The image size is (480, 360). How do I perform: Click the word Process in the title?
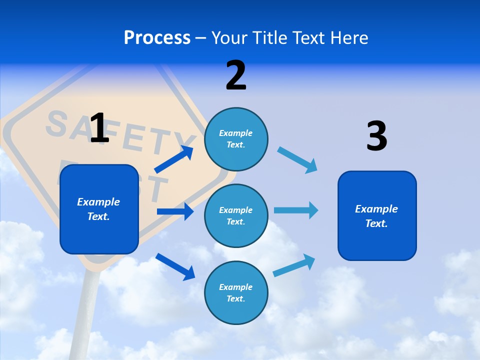click(157, 38)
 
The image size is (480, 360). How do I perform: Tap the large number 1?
click(99, 128)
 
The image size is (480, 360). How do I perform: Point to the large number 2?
click(236, 75)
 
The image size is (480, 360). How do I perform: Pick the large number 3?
click(376, 136)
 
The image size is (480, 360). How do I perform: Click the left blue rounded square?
click(99, 209)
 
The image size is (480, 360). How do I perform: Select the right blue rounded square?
click(377, 215)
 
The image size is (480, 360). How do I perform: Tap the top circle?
click(236, 138)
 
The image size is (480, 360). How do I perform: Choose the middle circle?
click(236, 215)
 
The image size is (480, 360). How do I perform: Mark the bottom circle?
click(236, 292)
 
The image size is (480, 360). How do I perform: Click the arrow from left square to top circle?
click(174, 159)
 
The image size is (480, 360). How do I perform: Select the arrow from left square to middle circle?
click(175, 211)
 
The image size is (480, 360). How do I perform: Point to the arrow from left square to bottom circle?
click(175, 266)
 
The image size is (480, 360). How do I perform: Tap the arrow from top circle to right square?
click(297, 160)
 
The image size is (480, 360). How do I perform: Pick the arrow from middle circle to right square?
click(295, 210)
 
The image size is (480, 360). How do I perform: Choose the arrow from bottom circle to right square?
click(294, 265)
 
